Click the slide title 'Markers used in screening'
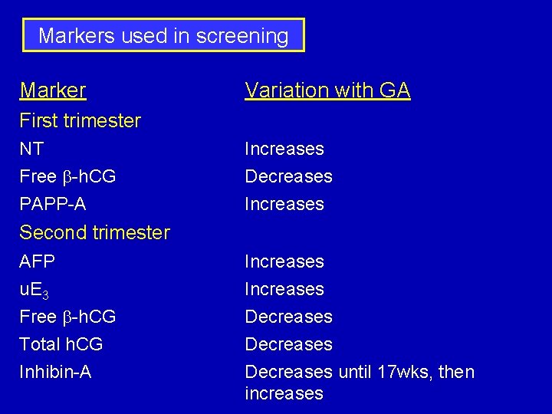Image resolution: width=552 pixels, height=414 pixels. [163, 35]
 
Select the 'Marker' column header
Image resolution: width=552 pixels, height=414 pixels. [53, 90]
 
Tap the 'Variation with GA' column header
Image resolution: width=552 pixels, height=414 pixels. [327, 90]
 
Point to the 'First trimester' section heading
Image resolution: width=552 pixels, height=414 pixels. [80, 120]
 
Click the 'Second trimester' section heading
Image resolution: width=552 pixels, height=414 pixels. [94, 232]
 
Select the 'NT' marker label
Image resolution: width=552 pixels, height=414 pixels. [31, 149]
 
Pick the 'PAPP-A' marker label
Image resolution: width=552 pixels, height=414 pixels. [53, 204]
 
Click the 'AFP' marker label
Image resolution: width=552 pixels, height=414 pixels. [38, 261]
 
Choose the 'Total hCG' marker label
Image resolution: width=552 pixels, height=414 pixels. [61, 344]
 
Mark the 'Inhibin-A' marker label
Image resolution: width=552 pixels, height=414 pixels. [55, 372]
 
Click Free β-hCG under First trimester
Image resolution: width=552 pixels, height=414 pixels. [67, 176]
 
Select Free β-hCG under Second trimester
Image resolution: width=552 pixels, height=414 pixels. [67, 317]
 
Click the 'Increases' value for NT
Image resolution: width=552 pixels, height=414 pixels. [284, 149]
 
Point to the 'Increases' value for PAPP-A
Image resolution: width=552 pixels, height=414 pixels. [284, 204]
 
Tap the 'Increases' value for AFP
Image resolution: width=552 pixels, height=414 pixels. [284, 261]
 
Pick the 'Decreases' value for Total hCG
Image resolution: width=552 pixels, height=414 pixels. [288, 344]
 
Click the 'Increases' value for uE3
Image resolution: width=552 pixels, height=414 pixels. [284, 289]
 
